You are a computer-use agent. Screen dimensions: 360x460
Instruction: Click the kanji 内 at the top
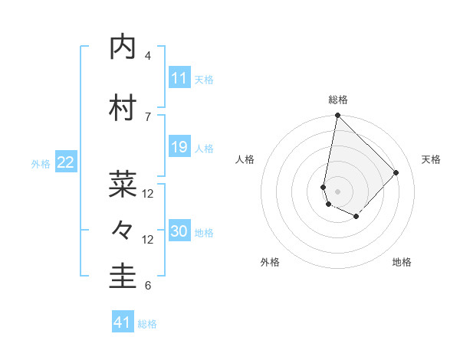[123, 47]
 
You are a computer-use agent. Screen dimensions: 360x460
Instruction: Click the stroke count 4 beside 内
[148, 56]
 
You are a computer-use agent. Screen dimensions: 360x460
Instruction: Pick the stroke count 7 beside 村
[148, 116]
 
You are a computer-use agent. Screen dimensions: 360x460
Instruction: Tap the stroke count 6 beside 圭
[148, 286]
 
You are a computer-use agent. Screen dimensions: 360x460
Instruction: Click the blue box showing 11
[179, 78]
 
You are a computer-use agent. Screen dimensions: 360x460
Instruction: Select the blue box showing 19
[179, 147]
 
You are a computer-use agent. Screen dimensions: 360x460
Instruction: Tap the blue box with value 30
[179, 231]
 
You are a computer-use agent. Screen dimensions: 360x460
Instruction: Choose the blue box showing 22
[66, 162]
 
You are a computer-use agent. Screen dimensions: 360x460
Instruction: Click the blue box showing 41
[123, 323]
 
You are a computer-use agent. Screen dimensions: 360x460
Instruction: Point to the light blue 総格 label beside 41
[147, 324]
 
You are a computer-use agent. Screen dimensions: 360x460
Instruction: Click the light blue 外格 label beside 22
[41, 163]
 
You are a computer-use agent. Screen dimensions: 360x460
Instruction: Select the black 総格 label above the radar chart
[338, 100]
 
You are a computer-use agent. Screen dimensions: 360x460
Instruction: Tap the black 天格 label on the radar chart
[431, 159]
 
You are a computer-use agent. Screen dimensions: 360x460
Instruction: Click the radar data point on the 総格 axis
[337, 116]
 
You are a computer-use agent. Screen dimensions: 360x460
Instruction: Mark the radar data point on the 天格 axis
[396, 172]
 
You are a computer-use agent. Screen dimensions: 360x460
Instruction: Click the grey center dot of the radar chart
[337, 191]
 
